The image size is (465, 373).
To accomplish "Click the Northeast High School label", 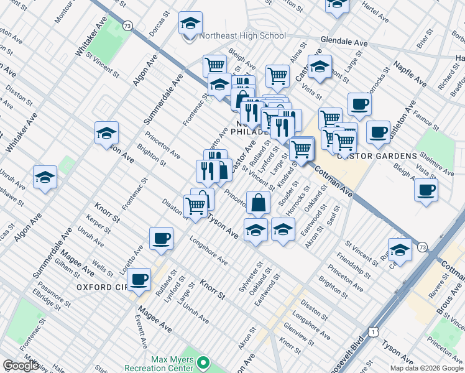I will coord(242,36).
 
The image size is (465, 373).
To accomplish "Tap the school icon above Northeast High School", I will coord(191,24).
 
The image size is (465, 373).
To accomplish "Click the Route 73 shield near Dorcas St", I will coord(127,26).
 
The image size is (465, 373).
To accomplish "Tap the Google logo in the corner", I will coord(21,366).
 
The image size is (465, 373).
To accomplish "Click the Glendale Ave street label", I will coord(344,42).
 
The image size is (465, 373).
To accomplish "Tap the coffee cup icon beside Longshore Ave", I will coord(162,239).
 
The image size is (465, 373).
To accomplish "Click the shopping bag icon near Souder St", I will coord(258,202).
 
